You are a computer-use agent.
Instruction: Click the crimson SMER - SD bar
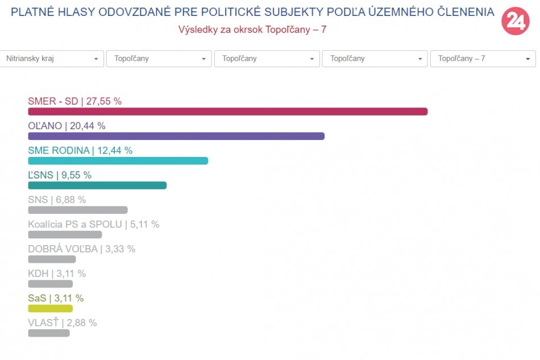tap(227, 111)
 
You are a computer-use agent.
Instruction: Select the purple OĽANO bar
tap(176, 136)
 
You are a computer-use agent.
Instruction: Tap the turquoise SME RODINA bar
tap(118, 160)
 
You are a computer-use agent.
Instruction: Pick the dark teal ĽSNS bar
tap(97, 185)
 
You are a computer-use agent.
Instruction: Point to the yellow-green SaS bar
tap(50, 308)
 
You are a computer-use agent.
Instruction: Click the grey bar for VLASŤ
tap(49, 333)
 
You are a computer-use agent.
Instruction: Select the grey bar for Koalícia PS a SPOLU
tap(65, 234)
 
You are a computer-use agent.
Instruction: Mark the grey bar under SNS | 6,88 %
tap(78, 210)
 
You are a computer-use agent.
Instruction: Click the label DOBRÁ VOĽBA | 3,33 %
tap(81, 249)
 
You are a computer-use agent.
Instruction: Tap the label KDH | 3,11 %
tap(57, 274)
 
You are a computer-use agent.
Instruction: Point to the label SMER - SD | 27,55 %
tap(74, 101)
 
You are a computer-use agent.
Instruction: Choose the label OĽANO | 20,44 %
tap(67, 126)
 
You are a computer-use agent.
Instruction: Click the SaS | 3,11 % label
tap(56, 298)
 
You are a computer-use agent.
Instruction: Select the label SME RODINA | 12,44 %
tap(80, 151)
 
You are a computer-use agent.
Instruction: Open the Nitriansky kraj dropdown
tap(52, 59)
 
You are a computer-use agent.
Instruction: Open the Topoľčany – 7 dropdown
tap(483, 59)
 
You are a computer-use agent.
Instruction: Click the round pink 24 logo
tap(515, 22)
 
